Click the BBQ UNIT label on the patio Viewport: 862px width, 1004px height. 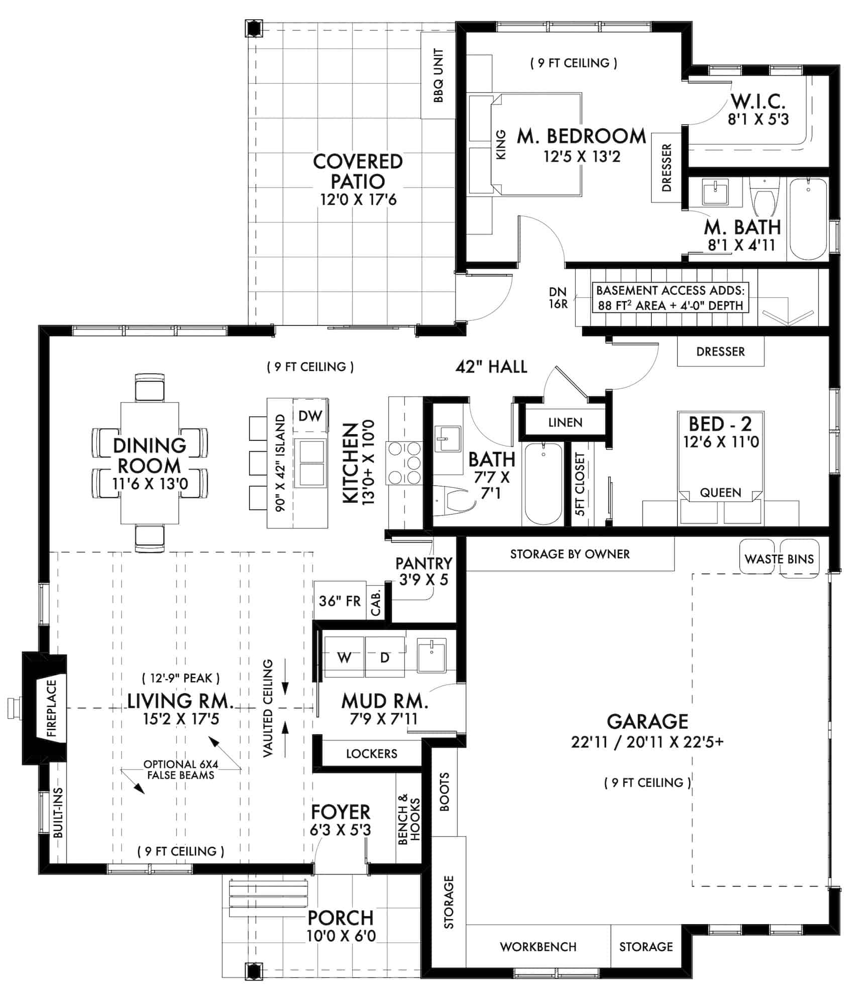[x=438, y=76]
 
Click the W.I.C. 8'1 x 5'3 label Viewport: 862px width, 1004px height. [x=758, y=109]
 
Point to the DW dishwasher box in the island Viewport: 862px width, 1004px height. [x=310, y=416]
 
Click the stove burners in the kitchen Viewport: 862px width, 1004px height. [x=404, y=461]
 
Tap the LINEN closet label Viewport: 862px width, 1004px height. [x=565, y=422]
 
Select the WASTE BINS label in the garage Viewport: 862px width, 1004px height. [x=779, y=559]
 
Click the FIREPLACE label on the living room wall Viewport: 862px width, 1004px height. [x=53, y=708]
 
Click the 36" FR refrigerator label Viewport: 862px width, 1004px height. [x=340, y=601]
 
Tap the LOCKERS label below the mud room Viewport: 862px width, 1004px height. [x=371, y=754]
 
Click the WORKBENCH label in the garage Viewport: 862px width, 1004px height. [x=538, y=947]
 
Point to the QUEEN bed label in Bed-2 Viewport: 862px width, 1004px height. [x=720, y=492]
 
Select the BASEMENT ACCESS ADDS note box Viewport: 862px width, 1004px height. [x=670, y=298]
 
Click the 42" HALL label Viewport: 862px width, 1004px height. [x=491, y=367]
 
